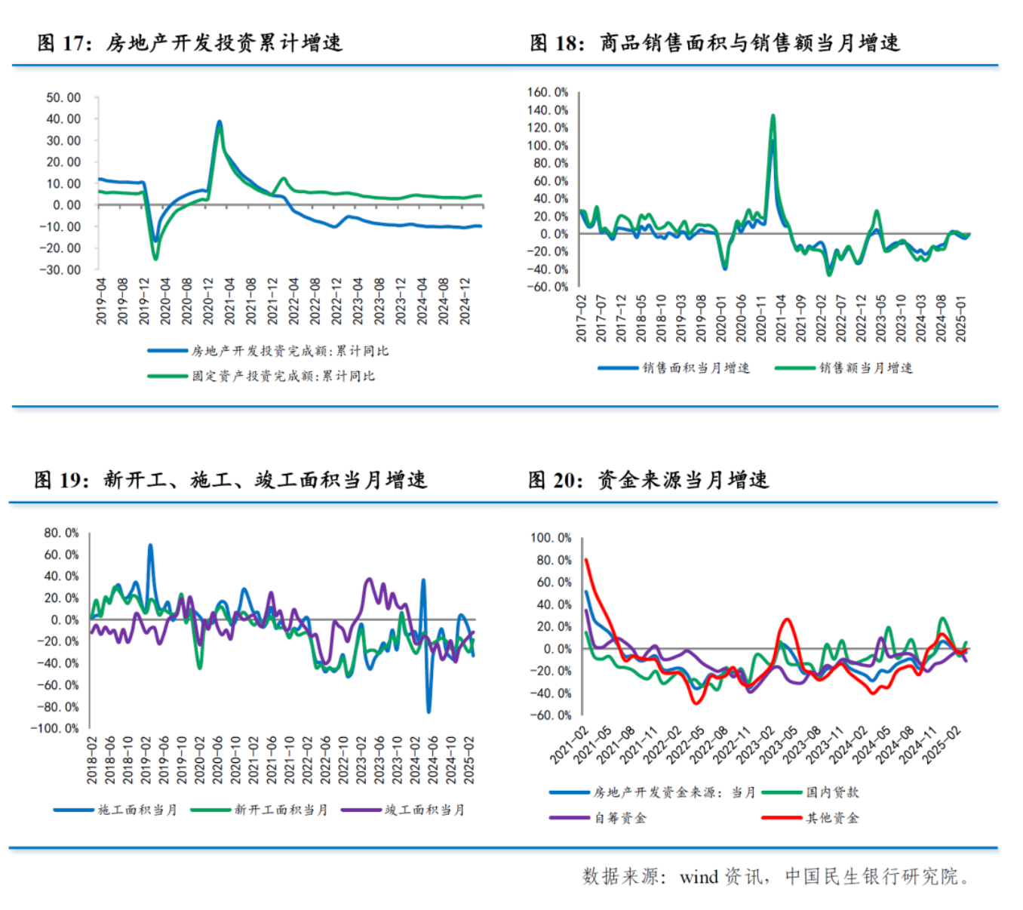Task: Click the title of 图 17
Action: tap(190, 43)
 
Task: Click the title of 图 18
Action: tap(714, 43)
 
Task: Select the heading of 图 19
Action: tap(230, 480)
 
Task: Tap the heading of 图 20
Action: tap(648, 480)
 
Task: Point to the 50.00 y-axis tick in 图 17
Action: tap(63, 97)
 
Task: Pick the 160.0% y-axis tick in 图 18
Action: tap(548, 92)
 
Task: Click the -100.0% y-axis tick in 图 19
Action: tap(54, 728)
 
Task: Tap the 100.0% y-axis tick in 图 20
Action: tap(551, 537)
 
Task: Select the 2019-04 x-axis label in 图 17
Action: tap(102, 301)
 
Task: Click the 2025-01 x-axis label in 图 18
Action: tap(961, 318)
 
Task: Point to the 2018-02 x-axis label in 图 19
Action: tap(92, 760)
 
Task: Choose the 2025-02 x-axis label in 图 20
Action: tap(942, 745)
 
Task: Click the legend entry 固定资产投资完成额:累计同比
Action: tap(283, 376)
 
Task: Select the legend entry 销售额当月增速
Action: tap(865, 367)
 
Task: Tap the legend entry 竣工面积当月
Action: tap(424, 810)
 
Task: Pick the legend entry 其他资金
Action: tap(831, 818)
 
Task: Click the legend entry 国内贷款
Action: tap(831, 792)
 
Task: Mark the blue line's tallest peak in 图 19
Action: tap(150, 545)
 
